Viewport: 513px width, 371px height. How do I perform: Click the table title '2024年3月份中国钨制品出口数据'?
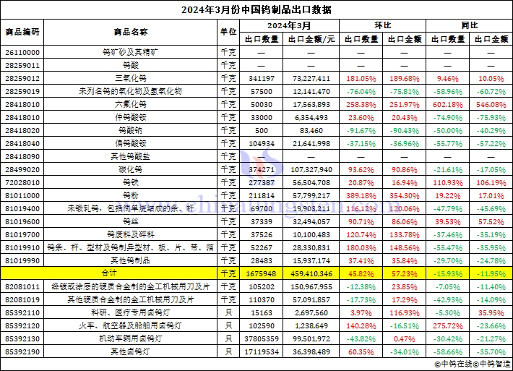coord(256,10)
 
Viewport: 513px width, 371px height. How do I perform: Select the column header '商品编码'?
coord(22,33)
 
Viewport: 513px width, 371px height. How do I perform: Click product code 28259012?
coord(22,78)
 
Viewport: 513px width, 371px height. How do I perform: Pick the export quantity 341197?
coord(260,78)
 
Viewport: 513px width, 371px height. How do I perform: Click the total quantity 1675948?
coord(260,273)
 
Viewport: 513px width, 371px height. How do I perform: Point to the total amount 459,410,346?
coord(311,273)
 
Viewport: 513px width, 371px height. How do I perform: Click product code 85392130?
coord(22,338)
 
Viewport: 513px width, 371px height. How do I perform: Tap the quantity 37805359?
coord(260,338)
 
